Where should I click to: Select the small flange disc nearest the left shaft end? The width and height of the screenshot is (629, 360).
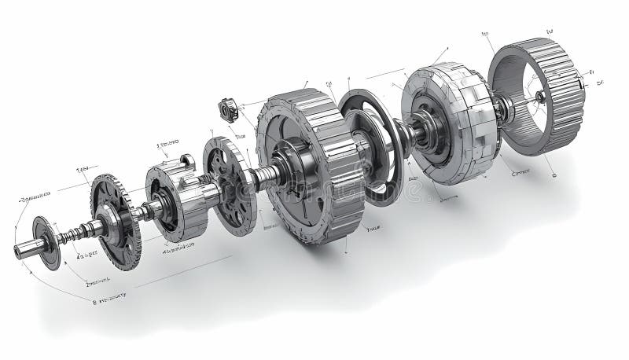click(x=46, y=241)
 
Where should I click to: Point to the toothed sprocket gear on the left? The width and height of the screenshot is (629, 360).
click(x=115, y=221)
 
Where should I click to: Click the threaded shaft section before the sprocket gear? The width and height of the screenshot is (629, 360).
click(x=79, y=233)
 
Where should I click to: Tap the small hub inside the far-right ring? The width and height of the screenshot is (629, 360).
click(x=539, y=97)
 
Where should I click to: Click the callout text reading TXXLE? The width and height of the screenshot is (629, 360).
click(x=373, y=230)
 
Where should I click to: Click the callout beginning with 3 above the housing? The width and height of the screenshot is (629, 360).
click(x=167, y=145)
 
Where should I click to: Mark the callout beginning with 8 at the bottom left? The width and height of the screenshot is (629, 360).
click(x=110, y=299)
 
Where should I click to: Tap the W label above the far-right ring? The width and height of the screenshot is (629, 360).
click(x=550, y=32)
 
